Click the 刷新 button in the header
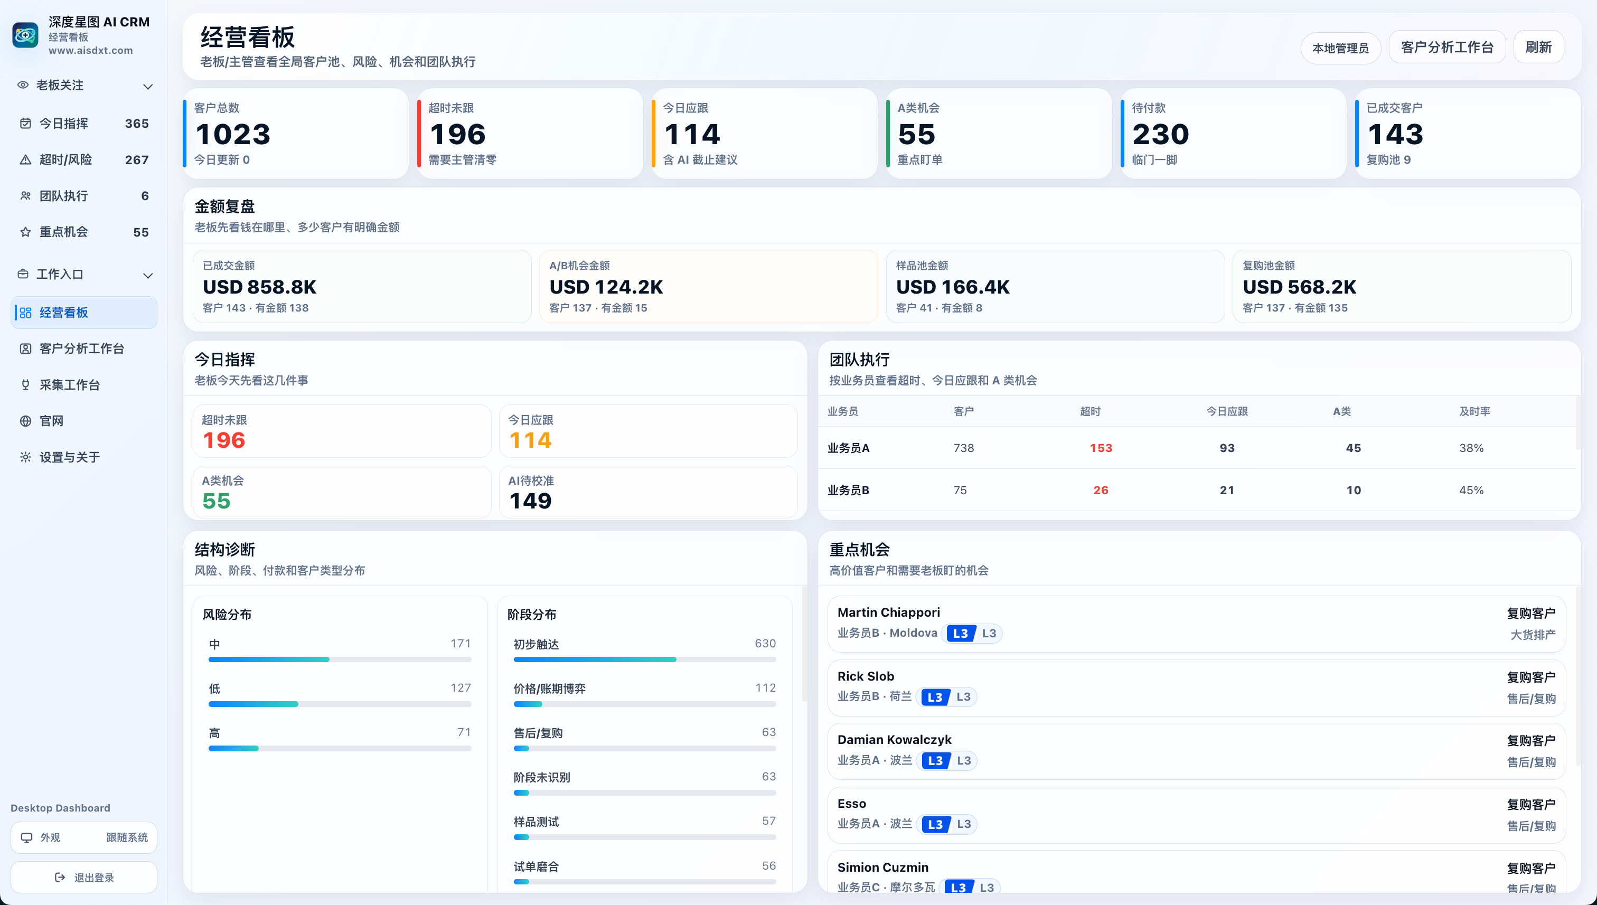(1538, 47)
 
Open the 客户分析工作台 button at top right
(1446, 47)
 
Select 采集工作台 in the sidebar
(70, 385)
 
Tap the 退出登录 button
(84, 877)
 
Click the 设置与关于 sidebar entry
(70, 457)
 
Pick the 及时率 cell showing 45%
(1471, 490)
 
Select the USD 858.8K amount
(259, 287)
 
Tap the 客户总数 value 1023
(233, 134)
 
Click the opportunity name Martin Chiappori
(888, 612)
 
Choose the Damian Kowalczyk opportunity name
(894, 739)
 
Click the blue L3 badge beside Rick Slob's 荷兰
(935, 697)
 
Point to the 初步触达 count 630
(765, 643)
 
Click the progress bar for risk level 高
(340, 748)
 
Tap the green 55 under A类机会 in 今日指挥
(217, 501)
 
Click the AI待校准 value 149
(530, 501)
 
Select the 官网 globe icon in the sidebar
(25, 421)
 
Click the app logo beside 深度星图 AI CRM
(25, 35)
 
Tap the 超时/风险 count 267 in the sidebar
(137, 160)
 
